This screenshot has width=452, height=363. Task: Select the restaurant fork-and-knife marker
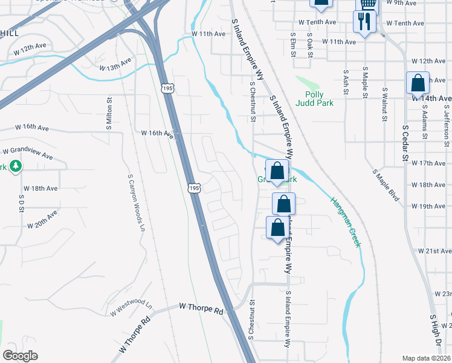[x=365, y=22]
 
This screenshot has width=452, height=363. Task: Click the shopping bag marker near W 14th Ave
[x=418, y=83]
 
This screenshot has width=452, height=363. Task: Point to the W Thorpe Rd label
[x=201, y=309]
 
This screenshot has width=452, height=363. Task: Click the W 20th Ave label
[x=42, y=219]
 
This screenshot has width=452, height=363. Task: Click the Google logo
[x=21, y=356]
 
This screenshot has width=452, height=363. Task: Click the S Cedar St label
[x=405, y=145]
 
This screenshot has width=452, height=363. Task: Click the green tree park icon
[x=16, y=166]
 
